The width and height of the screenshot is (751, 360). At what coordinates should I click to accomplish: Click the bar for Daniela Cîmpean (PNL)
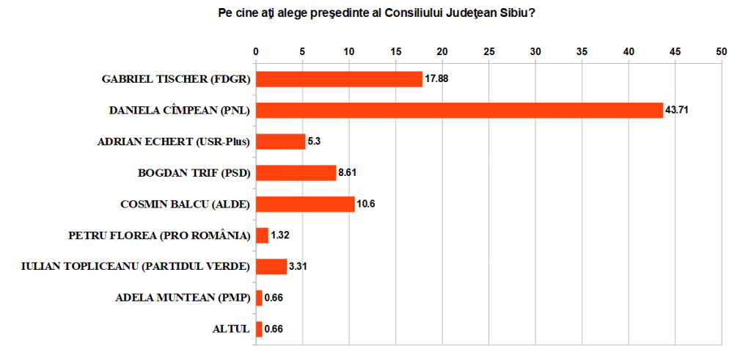(x=459, y=110)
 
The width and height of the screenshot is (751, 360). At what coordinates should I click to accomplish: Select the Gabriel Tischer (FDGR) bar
(x=339, y=79)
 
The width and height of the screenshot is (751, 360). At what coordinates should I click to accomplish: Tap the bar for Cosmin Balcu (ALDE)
(x=305, y=204)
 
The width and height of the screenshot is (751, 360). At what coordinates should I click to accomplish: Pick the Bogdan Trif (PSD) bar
(x=296, y=173)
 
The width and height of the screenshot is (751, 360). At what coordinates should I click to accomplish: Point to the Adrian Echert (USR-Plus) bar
(x=280, y=142)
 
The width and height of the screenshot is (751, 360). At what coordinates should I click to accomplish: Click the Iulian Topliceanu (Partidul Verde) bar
(x=271, y=267)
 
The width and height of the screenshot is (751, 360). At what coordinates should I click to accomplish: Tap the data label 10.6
(x=367, y=204)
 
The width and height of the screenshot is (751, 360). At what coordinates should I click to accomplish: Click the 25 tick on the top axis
(x=488, y=51)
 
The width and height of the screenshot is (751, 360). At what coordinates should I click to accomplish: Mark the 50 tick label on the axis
(x=722, y=51)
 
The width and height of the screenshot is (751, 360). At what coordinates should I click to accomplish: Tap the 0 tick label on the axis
(x=255, y=51)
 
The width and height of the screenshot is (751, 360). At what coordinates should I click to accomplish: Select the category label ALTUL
(x=230, y=329)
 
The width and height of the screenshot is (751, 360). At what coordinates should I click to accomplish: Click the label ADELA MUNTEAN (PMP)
(x=183, y=298)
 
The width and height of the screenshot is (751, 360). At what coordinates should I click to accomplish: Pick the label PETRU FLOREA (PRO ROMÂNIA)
(x=158, y=235)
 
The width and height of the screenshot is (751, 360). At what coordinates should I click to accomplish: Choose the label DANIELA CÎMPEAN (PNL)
(x=180, y=110)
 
